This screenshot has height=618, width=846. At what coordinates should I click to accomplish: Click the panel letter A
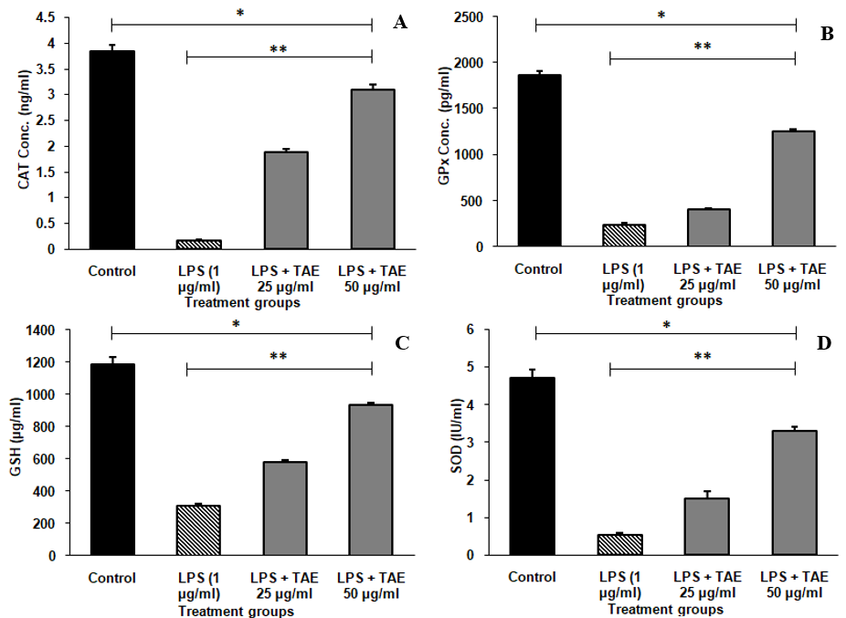(399, 23)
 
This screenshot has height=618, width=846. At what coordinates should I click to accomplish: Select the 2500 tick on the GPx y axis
(484, 17)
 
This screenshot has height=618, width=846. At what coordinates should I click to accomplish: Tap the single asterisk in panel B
(661, 16)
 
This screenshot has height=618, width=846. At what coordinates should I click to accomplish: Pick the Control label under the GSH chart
(112, 578)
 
